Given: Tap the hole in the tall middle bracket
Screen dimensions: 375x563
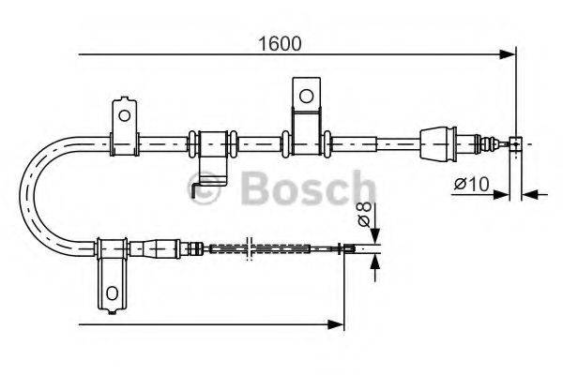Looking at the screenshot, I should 305,95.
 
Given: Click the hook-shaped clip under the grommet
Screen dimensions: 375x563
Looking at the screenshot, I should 207,184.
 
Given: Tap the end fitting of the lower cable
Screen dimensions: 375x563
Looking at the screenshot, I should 348,248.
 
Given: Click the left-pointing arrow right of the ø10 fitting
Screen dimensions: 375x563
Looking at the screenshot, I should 527,194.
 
